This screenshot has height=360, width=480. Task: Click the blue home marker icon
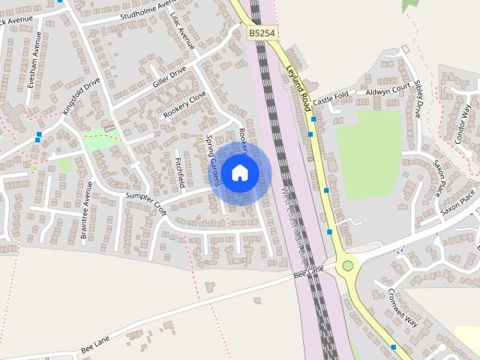[239, 172]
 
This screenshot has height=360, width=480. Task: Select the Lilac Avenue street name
[182, 31]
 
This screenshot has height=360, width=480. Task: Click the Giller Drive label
[170, 77]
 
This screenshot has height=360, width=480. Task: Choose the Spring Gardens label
[213, 160]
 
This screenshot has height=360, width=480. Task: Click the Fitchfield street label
[179, 172]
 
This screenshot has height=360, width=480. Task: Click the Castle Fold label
[331, 98]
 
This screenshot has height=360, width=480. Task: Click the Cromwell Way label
[403, 307]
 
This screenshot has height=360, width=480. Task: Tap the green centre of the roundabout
[347, 265]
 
